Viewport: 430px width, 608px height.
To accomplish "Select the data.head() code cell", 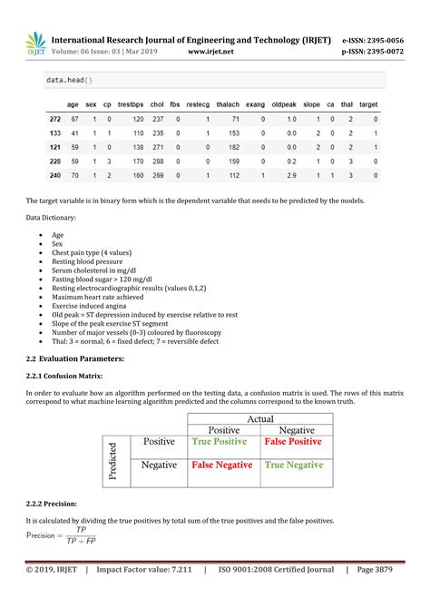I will pos(69,81).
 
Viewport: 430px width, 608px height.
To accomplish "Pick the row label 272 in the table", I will pos(54,119).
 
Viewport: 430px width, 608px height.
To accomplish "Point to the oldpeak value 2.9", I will pos(291,175).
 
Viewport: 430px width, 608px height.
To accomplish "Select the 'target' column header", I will pos(367,104).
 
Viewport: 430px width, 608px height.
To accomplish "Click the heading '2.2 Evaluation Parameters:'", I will pos(74,358).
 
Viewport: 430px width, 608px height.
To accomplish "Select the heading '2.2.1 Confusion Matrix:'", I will pos(64,375).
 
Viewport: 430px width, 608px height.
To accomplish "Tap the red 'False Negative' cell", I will pos(220,465).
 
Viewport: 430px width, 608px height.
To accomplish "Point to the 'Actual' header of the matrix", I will pos(259,418).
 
